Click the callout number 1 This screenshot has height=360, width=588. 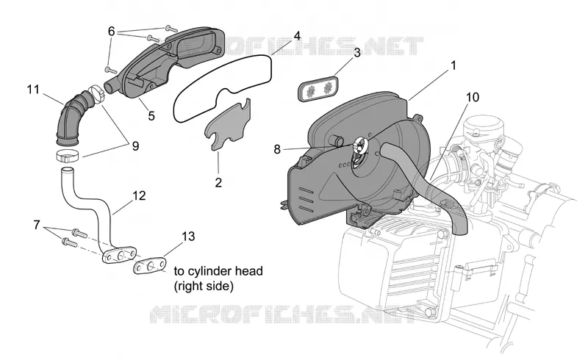[x=453, y=66]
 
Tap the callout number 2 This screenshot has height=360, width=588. [x=218, y=183]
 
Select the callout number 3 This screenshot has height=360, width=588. [x=356, y=53]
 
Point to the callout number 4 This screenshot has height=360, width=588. [x=297, y=36]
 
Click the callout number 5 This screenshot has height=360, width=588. [x=151, y=116]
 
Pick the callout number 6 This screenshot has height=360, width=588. [x=111, y=32]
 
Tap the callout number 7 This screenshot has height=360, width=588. [x=36, y=225]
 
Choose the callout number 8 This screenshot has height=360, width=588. [x=277, y=150]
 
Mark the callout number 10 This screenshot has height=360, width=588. [x=473, y=98]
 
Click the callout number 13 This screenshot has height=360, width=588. [x=189, y=237]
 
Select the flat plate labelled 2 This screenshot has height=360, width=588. [x=228, y=125]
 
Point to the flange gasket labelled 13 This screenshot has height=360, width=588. [x=150, y=265]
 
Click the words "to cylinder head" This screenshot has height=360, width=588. [x=218, y=271]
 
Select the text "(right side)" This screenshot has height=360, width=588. [x=204, y=287]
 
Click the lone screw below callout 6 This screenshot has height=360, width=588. [x=111, y=70]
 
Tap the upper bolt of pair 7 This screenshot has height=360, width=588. [x=79, y=233]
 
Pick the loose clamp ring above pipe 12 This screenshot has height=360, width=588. [x=68, y=154]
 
